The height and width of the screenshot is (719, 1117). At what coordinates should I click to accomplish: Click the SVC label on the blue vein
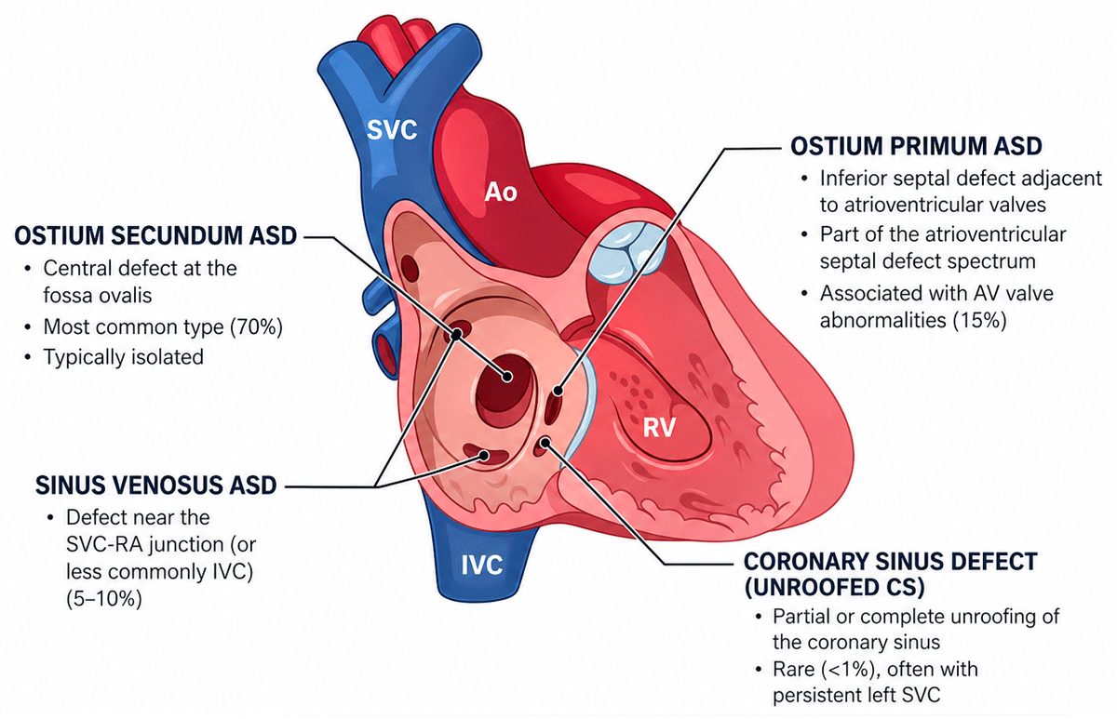[392, 130]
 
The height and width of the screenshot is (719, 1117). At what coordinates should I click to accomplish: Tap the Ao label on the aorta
[501, 192]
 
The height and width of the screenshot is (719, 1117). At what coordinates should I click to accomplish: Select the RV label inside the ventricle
[659, 427]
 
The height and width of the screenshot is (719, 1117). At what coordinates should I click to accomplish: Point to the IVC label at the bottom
[482, 565]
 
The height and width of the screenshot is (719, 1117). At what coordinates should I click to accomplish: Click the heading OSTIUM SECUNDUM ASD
[155, 235]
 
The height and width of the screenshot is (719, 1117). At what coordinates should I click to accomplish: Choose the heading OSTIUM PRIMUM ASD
[916, 146]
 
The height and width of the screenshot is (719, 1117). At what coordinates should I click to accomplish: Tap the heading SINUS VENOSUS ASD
[156, 486]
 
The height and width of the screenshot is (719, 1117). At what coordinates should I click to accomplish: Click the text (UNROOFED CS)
[834, 587]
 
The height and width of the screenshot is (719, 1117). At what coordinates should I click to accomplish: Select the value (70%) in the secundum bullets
[256, 326]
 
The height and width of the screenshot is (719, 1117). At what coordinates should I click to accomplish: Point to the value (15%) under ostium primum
[979, 320]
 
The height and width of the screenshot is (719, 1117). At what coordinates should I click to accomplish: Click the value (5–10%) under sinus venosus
[103, 598]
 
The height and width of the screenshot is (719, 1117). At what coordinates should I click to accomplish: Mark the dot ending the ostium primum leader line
[558, 392]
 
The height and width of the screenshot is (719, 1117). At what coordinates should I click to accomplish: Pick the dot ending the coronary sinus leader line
[545, 443]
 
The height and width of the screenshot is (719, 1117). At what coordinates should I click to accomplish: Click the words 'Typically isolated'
[124, 357]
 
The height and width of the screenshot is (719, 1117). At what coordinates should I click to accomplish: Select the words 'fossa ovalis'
[97, 296]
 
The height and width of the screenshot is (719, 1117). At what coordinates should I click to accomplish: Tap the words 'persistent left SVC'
[856, 695]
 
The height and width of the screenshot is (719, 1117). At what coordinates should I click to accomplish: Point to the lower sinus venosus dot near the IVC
[483, 456]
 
